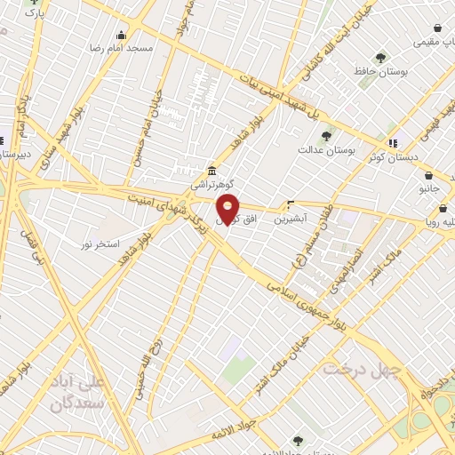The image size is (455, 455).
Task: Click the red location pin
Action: click(x=228, y=209)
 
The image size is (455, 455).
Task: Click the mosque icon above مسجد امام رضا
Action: click(x=122, y=36)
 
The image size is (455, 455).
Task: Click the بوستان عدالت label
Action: click(x=326, y=151)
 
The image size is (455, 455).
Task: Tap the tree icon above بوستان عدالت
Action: click(x=326, y=137)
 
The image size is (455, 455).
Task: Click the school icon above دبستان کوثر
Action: click(x=392, y=142)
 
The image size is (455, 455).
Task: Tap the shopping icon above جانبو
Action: click(x=430, y=176)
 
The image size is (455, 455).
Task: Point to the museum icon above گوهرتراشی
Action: click(x=212, y=172)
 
